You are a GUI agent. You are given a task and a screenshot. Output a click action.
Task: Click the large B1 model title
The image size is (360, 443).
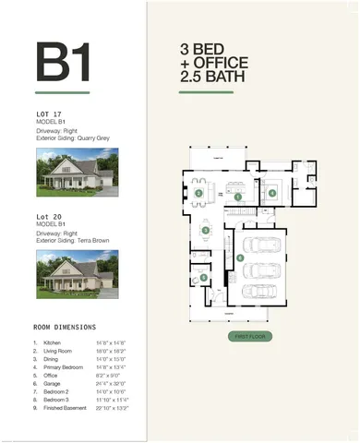pyautogui.click(x=63, y=63)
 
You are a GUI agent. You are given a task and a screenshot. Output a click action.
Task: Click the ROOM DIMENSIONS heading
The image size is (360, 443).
pyautogui.click(x=66, y=326)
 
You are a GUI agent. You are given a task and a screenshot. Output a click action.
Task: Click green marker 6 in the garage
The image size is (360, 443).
pyautogui.click(x=240, y=257)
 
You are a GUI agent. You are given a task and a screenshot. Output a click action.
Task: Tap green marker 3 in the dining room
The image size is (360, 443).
pyautogui.click(x=204, y=230)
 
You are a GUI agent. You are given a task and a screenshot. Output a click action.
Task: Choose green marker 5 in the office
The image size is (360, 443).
pyautogui.click(x=203, y=277)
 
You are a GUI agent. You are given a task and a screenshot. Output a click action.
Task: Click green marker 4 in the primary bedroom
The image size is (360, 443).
pyautogui.click(x=272, y=192)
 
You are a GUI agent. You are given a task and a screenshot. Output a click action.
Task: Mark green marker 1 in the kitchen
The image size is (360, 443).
pyautogui.click(x=238, y=197)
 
